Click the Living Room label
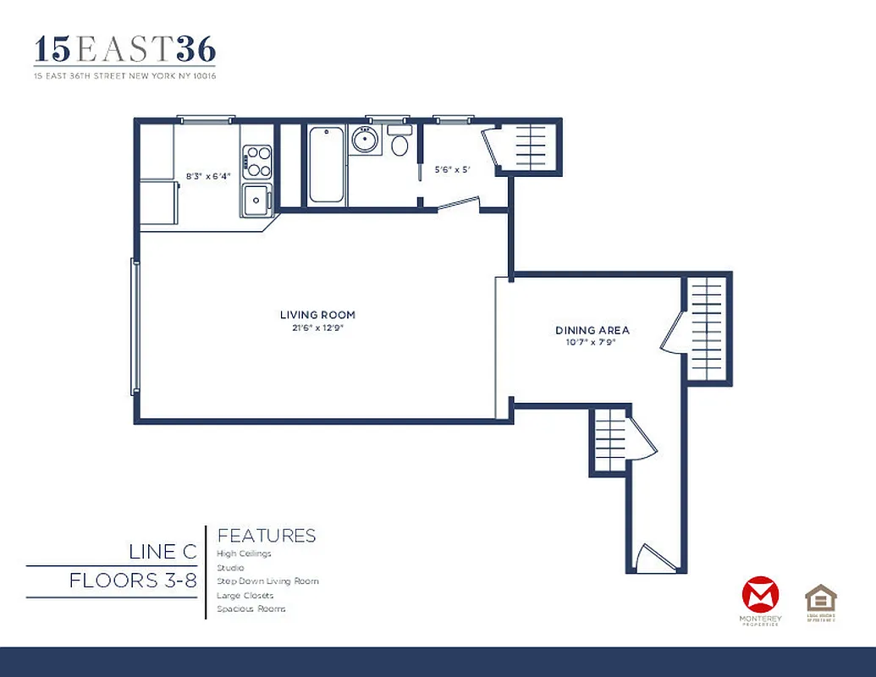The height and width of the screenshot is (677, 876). pyautogui.click(x=317, y=315)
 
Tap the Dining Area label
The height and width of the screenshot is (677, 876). pyautogui.click(x=592, y=330)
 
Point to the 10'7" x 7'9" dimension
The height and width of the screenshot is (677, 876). pyautogui.click(x=592, y=342)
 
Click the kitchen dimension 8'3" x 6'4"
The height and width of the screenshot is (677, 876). pyautogui.click(x=208, y=176)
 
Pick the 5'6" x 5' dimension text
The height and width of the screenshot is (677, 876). pyautogui.click(x=452, y=169)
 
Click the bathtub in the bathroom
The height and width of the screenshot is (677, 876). pyautogui.click(x=326, y=164)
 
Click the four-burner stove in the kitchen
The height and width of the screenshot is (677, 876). pyautogui.click(x=257, y=161)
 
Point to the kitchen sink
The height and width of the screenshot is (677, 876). pyautogui.click(x=255, y=200)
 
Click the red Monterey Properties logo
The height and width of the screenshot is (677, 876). pyautogui.click(x=759, y=594)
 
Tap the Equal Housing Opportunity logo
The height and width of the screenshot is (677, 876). pyautogui.click(x=820, y=599)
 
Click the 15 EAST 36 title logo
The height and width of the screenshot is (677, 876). pyautogui.click(x=124, y=50)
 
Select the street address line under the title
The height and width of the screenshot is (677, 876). pyautogui.click(x=124, y=76)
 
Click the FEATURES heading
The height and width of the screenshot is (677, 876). pyautogui.click(x=267, y=536)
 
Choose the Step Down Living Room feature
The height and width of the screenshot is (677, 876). pyautogui.click(x=267, y=581)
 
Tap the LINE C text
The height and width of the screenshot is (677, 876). pyautogui.click(x=163, y=552)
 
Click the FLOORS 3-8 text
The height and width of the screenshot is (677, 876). pyautogui.click(x=133, y=581)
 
